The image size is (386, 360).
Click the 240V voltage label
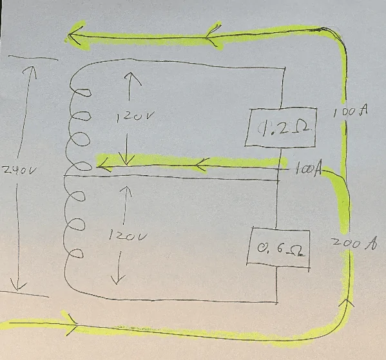(x=20, y=170)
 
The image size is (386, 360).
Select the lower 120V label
(x=128, y=236)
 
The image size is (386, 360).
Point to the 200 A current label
(x=354, y=243)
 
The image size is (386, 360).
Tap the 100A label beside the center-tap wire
(x=308, y=169)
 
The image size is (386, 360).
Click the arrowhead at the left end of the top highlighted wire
(x=75, y=35)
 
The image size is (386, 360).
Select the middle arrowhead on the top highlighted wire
(x=212, y=35)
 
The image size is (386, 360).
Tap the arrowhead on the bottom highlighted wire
(x=72, y=325)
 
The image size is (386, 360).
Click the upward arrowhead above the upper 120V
(x=132, y=79)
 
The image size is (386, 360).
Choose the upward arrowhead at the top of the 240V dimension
(x=30, y=72)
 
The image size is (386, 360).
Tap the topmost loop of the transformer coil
(x=81, y=93)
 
